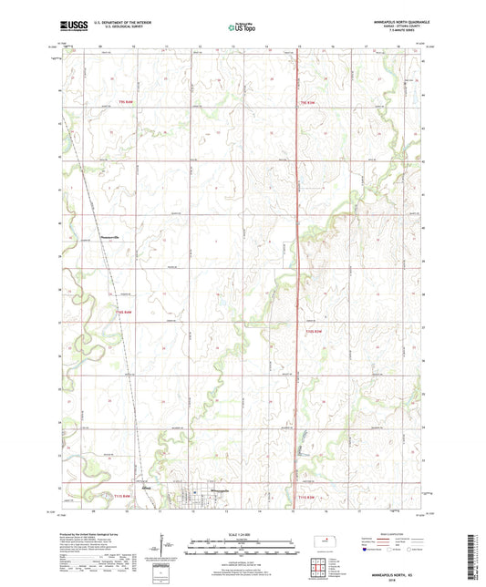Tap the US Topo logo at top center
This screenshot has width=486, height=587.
243,28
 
